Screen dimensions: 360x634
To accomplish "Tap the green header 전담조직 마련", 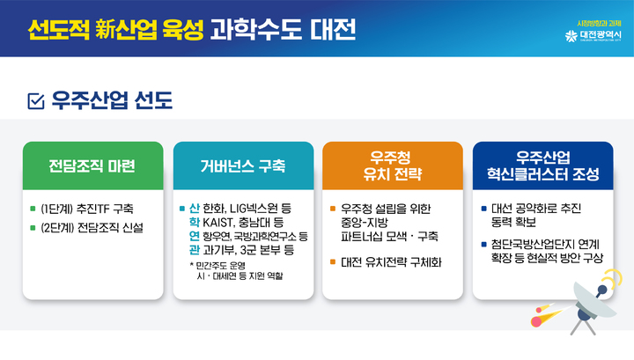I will (92, 166).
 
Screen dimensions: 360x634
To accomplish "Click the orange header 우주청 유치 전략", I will (392, 166).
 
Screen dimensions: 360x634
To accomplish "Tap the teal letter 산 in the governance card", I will (194, 209).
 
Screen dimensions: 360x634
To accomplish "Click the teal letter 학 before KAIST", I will (194, 223).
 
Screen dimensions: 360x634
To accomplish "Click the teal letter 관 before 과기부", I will (194, 250).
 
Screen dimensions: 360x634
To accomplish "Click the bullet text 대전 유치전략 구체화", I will (391, 262).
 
